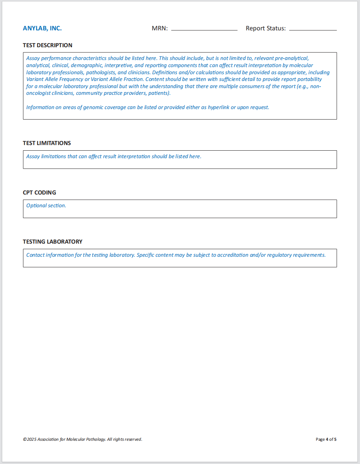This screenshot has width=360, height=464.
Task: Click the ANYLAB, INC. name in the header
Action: coord(42,28)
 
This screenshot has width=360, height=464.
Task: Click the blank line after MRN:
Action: coord(204,29)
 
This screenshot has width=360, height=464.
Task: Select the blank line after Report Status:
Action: coord(313,29)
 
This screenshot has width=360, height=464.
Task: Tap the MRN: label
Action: coord(160,28)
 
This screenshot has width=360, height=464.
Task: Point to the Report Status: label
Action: coord(266,28)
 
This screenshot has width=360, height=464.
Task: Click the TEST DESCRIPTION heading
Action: coord(48,45)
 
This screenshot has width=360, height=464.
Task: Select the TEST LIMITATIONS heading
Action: coord(47,143)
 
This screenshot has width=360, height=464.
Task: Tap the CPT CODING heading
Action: coord(39,193)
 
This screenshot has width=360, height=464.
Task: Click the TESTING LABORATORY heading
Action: coord(52,242)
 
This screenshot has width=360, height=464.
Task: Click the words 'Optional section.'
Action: coord(46,206)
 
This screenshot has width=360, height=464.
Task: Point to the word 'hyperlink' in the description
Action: coord(218,108)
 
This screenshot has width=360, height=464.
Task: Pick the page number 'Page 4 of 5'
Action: coord(326,439)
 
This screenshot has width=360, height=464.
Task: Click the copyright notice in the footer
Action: coord(82,439)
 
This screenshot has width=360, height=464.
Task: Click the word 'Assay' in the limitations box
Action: coord(33,157)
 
